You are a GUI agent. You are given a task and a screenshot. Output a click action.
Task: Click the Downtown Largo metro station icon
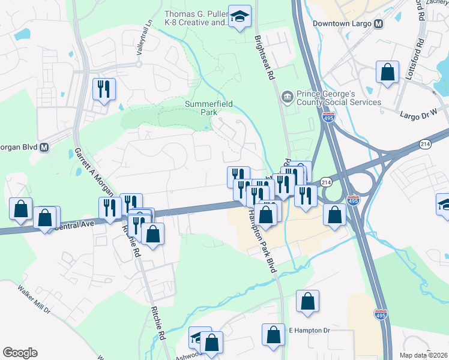pyautogui.click(x=378, y=24)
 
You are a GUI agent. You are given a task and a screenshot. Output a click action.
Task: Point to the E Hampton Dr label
pyautogui.click(x=310, y=331)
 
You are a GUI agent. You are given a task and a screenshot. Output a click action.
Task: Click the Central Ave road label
pyautogui.click(x=75, y=226)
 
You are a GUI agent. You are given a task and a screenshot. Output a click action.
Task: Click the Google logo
pyautogui.click(x=20, y=353)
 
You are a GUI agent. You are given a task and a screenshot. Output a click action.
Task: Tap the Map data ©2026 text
pyautogui.click(x=424, y=355)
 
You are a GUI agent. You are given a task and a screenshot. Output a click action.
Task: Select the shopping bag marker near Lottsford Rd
pyautogui.click(x=388, y=73)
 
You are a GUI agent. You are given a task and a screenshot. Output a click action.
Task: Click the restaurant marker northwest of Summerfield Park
pyautogui.click(x=104, y=89)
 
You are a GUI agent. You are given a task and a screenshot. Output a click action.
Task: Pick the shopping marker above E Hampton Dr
pyautogui.click(x=307, y=302)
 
